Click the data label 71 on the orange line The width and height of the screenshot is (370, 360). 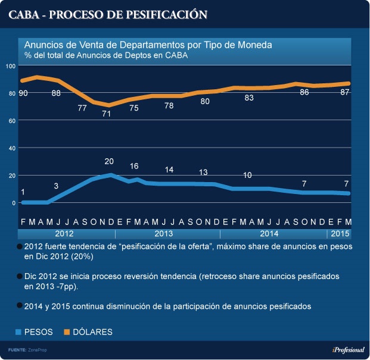pyautogui.click(x=108, y=114)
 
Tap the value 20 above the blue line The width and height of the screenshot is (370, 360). pyautogui.click(x=108, y=161)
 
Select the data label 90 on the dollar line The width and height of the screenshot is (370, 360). pyautogui.click(x=23, y=93)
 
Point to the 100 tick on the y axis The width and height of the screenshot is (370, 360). pyautogui.click(x=10, y=65)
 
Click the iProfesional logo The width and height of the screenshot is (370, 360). pyautogui.click(x=348, y=350)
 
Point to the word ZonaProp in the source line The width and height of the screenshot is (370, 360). pyautogui.click(x=38, y=350)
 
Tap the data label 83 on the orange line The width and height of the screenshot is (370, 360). pyautogui.click(x=249, y=98)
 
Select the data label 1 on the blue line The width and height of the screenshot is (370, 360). pyautogui.click(x=23, y=192)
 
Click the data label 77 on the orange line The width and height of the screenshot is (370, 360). pyautogui.click(x=83, y=108)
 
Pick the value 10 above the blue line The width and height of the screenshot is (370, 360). pyautogui.click(x=247, y=175)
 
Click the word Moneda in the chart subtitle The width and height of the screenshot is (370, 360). pyautogui.click(x=254, y=45)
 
